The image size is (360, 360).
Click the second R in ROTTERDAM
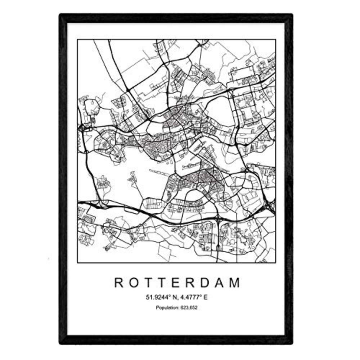coord(191,283)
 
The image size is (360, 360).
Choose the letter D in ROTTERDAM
coord(206,283)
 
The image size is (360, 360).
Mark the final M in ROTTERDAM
coord(235,283)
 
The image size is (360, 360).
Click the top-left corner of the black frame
coord(60,15)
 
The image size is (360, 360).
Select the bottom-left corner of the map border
coord(78,262)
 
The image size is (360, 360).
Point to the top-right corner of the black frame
coord(292,15)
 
